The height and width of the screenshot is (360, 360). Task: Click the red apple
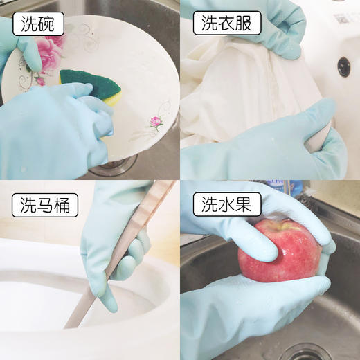[277, 251]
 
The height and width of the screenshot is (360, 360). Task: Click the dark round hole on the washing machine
[343, 66]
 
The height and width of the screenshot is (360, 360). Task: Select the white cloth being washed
[235, 90]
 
